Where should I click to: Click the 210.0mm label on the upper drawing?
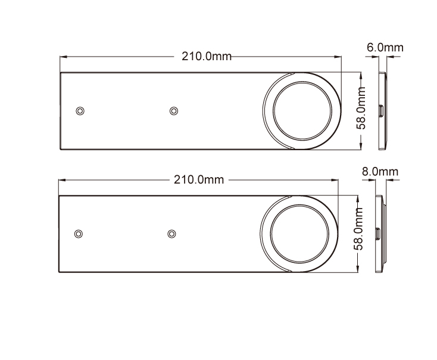pos(207,57)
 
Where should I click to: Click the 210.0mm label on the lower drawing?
pos(199,180)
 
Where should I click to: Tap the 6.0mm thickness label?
pos(385,48)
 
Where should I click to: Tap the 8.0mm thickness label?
pos(380,171)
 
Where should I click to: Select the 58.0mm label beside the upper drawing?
pos(361,108)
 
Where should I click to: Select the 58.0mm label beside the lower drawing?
pos(358,229)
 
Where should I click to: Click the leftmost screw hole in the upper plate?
pos(80,111)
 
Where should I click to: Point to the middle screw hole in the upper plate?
pos(174,111)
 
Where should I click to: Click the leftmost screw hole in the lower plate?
pos(79,234)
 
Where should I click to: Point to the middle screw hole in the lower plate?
pos(171,234)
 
